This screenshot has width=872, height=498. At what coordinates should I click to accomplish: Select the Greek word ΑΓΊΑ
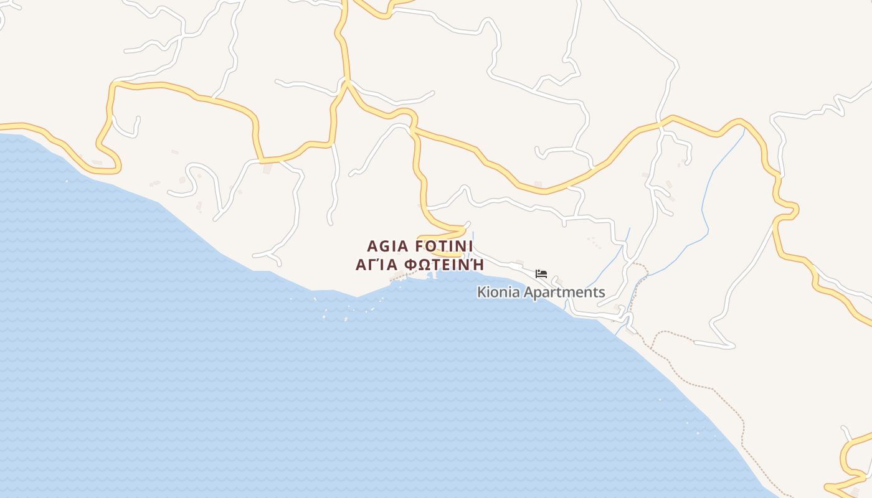coord(377,265)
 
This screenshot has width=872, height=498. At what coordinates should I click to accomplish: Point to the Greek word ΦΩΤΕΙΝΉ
coord(443,265)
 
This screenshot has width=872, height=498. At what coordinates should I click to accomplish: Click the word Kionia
coord(498,292)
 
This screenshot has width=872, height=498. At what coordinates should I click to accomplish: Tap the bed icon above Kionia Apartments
coord(541,273)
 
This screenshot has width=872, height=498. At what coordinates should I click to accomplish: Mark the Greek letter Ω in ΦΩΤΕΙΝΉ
coord(425,265)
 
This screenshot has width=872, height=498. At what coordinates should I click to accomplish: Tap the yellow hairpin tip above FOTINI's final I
coord(466,228)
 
